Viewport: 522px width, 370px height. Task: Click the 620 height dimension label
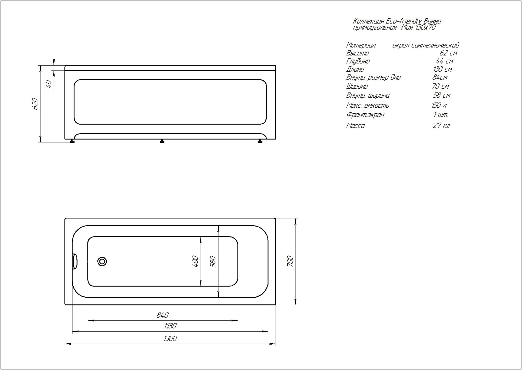(x=35, y=104)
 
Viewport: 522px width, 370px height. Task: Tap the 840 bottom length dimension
(x=163, y=315)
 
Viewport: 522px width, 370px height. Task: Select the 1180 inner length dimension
(x=170, y=326)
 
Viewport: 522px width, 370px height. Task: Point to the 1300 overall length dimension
(x=170, y=339)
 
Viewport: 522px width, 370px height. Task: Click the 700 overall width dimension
(x=290, y=261)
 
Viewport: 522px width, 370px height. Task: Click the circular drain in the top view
(x=102, y=261)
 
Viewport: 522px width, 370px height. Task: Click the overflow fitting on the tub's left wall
(x=75, y=261)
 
